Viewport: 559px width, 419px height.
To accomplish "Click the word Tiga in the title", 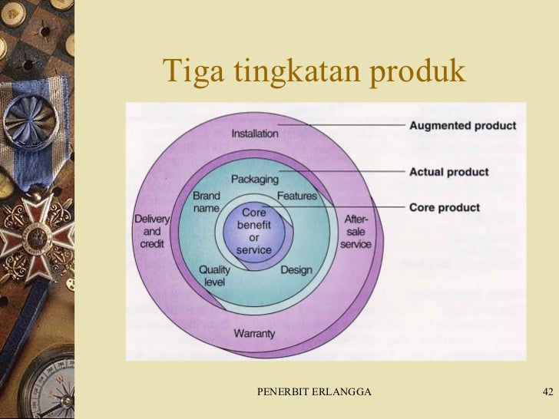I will coord(188,71).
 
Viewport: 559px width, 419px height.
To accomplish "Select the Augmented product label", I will coord(463,126).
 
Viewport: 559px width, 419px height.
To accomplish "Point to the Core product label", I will coord(445,208).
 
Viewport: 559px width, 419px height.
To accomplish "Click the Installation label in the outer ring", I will coord(255,134).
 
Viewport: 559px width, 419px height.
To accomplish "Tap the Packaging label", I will coord(255,179).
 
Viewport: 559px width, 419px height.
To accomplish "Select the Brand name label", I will coord(207,202).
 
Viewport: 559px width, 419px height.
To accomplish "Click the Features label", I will coord(296,196).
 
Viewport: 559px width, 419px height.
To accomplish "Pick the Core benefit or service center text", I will coord(253,231).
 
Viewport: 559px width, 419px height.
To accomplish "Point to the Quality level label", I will coord(214,275).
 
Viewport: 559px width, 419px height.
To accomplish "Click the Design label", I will coord(296,270).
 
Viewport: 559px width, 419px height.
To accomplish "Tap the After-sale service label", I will coord(356,231).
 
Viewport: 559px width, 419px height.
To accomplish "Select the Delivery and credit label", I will coord(152,231).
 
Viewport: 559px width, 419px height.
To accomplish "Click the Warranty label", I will coord(253,334).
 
